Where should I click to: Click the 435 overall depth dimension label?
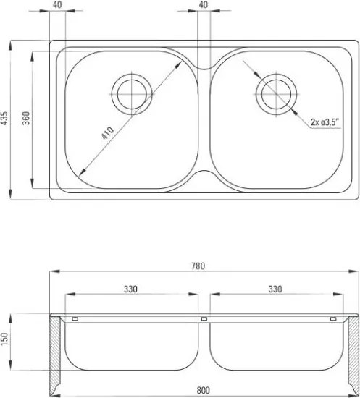4,118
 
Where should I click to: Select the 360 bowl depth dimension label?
26,118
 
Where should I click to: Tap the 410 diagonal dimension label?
108,133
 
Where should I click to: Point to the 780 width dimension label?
198,266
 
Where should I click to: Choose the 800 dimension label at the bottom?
204,390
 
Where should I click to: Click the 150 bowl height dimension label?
5,339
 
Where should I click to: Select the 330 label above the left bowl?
130,289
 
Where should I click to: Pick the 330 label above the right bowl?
275,289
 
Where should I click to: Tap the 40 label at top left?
58,5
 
